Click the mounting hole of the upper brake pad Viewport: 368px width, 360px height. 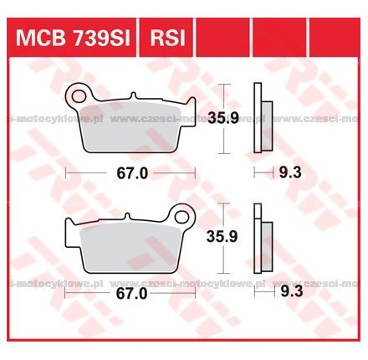pyautogui.click(x=80, y=91)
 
